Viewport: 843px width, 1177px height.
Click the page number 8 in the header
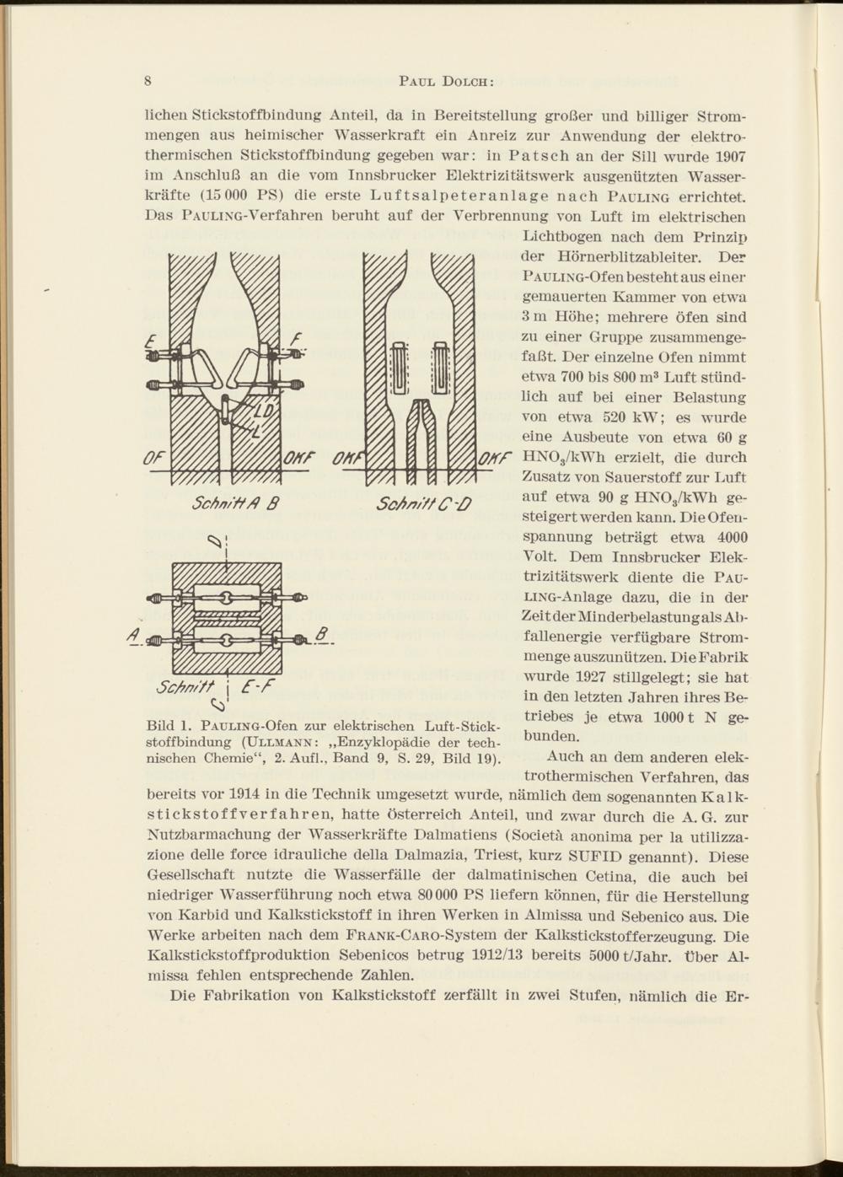click(148, 82)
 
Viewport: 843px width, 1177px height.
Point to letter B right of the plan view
click(321, 633)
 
